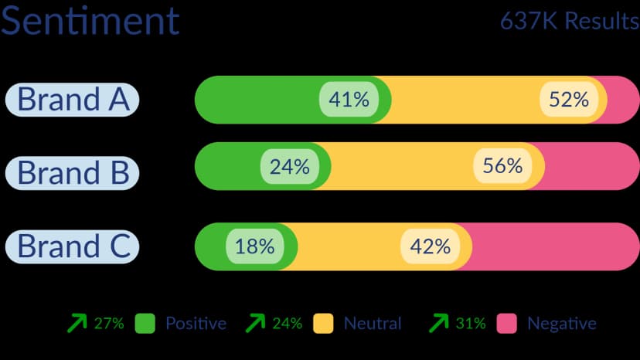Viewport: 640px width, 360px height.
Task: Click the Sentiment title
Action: coord(90,21)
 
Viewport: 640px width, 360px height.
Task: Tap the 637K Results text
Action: coord(570,21)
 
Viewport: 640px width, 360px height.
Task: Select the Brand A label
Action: coord(73,100)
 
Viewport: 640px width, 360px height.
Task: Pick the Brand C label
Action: coord(73,246)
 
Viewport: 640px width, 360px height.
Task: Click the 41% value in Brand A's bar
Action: coord(349,100)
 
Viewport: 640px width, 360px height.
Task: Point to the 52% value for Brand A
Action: coord(569,100)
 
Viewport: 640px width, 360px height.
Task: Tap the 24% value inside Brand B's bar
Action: coord(289,166)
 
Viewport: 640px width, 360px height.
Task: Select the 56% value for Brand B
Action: coord(502,166)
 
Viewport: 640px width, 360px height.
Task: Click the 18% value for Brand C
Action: coord(255,246)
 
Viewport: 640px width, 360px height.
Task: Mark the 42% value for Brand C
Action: coord(431,246)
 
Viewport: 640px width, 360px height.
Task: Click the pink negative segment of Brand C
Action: coord(557,246)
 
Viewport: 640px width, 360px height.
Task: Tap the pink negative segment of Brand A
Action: coord(623,100)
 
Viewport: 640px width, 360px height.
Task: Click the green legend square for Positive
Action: coord(145,323)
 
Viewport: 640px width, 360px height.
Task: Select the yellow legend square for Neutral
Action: coord(322,323)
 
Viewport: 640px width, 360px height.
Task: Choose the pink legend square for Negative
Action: coord(507,323)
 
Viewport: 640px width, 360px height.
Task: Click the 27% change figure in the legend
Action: coord(109,323)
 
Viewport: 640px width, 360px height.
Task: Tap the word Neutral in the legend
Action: coord(373,323)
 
